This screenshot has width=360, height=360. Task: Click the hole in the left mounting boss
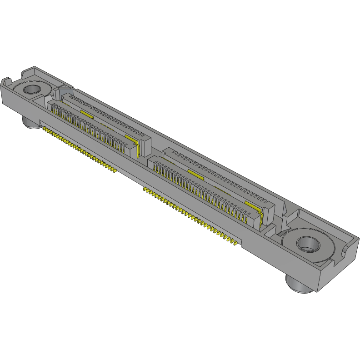coord(31,88)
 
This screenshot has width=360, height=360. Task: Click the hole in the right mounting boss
coord(308,243)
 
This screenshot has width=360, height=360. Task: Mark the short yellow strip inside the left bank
coord(87,113)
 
